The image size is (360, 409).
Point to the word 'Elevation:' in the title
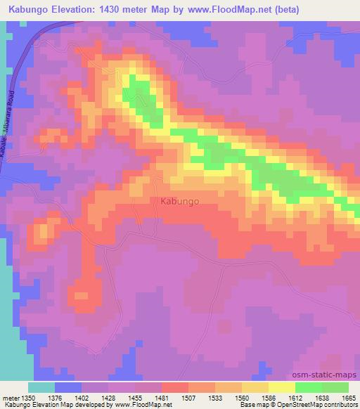79,9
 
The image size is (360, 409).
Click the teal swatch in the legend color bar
41,387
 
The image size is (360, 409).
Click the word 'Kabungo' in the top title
29,9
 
